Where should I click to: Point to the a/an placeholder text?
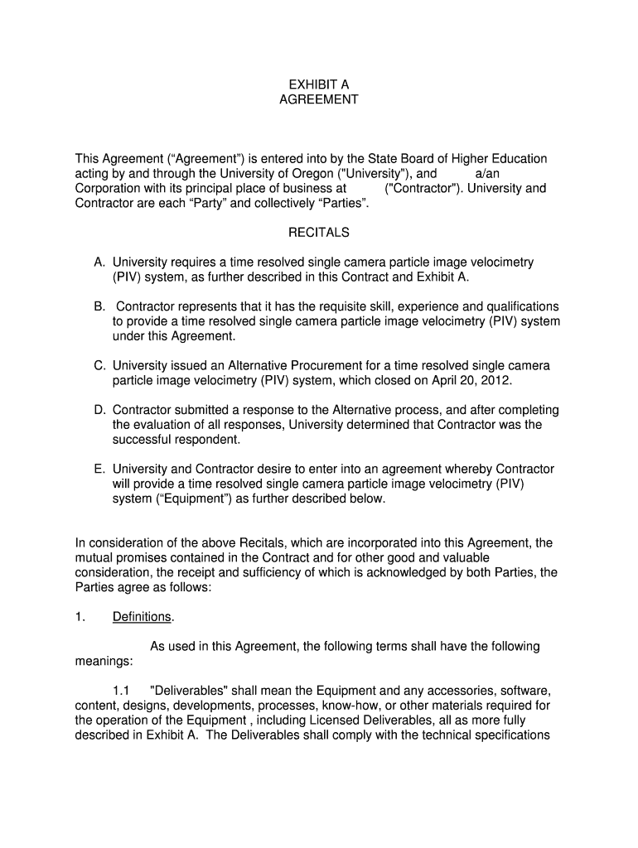[x=487, y=174]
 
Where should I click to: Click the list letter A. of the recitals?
[x=99, y=263]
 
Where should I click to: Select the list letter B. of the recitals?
[x=99, y=306]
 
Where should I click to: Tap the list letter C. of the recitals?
[x=99, y=365]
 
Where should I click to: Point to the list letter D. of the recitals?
[x=99, y=410]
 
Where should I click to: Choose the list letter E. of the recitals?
[x=99, y=469]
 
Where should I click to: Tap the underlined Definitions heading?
[x=142, y=617]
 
